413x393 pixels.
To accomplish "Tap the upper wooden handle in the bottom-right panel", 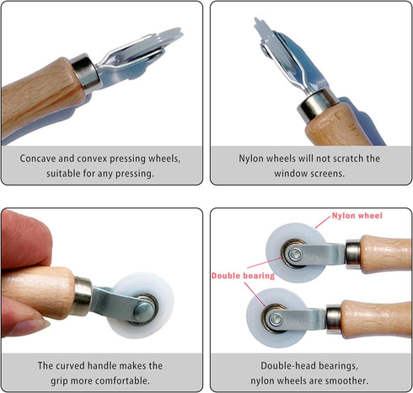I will coord(384,253).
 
